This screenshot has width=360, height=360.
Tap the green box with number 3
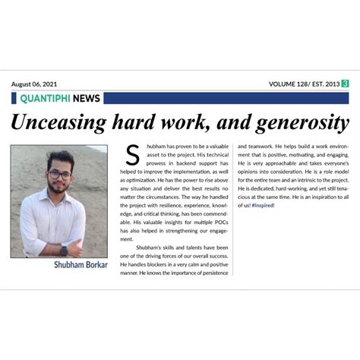pyautogui.click(x=346, y=84)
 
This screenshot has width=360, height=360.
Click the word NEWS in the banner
pyautogui.click(x=87, y=98)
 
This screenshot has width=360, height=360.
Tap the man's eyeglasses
pyautogui.click(x=59, y=175)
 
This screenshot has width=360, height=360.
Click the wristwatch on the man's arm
pyautogui.click(x=64, y=250)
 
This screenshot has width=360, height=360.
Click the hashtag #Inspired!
pyautogui.click(x=264, y=205)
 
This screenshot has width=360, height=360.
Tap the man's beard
pyautogui.click(x=58, y=188)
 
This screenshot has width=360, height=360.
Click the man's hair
pyautogui.click(x=59, y=158)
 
